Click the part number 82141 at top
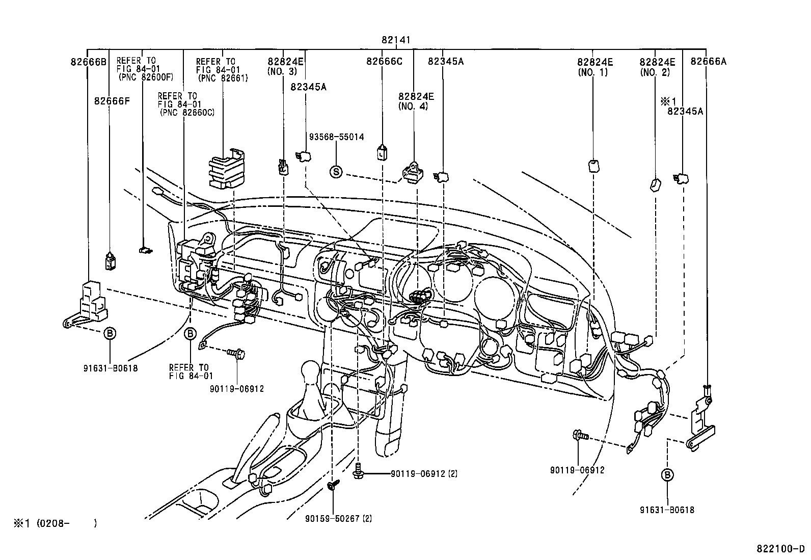(x=395, y=40)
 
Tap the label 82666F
(x=112, y=101)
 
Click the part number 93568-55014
(x=336, y=137)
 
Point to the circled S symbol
(x=336, y=172)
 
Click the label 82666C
(x=384, y=62)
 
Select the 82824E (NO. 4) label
(x=416, y=101)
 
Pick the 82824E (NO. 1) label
(x=594, y=67)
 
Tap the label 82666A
(x=708, y=62)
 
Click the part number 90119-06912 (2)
(x=424, y=473)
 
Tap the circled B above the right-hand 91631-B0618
(x=667, y=475)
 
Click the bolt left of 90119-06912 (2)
(x=358, y=472)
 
